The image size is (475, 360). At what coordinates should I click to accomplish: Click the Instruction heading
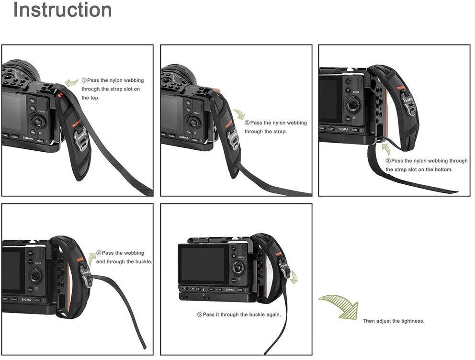click(x=62, y=10)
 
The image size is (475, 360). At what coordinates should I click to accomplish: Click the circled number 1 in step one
click(x=84, y=80)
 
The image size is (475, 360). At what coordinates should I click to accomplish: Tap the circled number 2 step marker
click(x=247, y=123)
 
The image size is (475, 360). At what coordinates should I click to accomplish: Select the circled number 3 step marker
click(x=388, y=161)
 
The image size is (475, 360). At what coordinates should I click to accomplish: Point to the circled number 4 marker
click(x=99, y=253)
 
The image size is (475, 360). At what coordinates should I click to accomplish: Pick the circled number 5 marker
click(x=200, y=315)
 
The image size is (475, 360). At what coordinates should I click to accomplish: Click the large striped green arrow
click(x=339, y=306)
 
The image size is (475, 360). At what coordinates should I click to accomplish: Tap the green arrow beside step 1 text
click(x=72, y=81)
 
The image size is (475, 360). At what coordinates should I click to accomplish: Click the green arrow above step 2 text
click(x=239, y=114)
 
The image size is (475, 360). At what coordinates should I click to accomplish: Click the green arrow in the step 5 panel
click(x=294, y=278)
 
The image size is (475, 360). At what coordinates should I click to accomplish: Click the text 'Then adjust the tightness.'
click(x=393, y=321)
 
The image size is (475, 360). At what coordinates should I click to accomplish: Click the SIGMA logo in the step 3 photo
click(x=343, y=129)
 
